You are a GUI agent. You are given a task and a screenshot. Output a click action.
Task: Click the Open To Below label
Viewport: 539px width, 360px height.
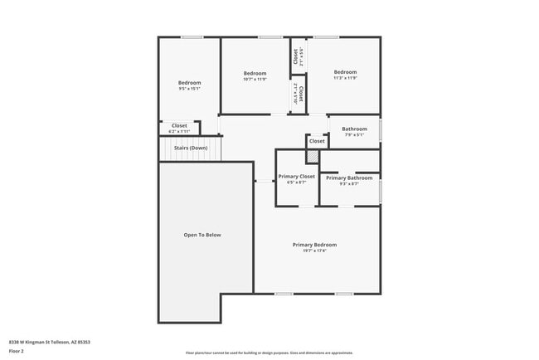202,235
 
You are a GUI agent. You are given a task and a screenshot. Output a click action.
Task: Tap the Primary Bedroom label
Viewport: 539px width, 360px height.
314,245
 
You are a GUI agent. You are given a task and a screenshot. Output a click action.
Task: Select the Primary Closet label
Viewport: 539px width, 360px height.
296,177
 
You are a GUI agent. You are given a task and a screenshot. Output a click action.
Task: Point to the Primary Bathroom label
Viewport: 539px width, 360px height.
348,178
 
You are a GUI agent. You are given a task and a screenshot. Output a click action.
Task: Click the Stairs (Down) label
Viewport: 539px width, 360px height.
191,148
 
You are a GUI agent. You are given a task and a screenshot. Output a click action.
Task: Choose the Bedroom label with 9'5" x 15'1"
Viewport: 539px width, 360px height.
189,82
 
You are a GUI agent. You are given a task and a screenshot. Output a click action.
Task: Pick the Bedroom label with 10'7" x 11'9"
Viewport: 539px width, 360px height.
255,72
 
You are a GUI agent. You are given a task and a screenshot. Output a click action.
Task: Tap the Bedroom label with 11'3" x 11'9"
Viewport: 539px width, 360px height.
345,72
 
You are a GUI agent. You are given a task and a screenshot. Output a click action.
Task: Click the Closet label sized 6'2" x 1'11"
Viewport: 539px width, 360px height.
179,126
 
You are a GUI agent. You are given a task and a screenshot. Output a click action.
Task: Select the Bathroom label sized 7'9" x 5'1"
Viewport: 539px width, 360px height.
354,129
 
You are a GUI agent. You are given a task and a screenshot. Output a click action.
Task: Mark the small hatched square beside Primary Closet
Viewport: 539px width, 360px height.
313,157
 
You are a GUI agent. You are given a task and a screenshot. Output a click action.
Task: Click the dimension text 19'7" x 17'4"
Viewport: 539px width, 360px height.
314,251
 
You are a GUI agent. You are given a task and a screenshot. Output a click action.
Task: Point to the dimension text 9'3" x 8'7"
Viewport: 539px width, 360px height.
348,183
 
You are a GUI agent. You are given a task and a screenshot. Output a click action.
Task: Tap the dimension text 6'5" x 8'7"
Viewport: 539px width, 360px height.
296,182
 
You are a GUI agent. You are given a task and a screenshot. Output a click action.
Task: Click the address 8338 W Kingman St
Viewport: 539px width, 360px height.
49,342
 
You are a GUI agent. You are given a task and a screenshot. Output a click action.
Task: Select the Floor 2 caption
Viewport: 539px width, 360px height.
17,350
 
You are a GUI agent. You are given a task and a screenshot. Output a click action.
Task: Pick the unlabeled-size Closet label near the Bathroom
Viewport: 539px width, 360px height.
317,141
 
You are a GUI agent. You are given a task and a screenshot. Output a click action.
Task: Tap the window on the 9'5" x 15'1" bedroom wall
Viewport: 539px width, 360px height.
192,36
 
